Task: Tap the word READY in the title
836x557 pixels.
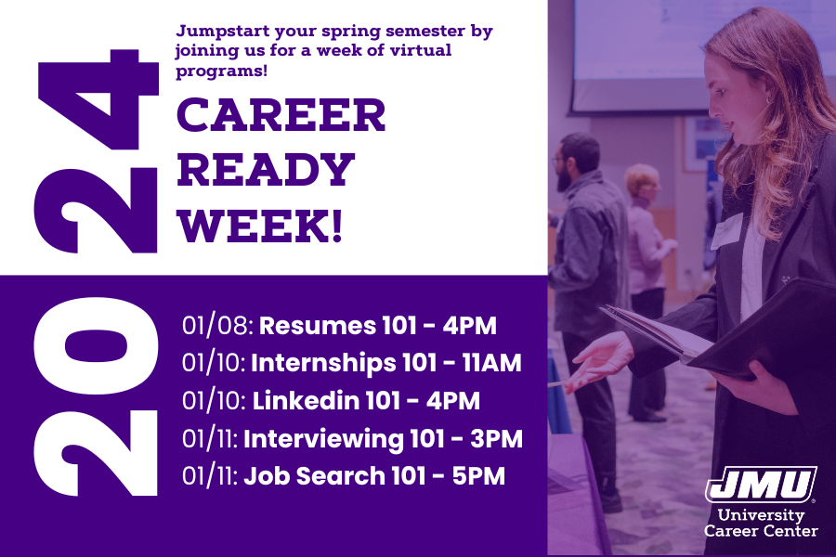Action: pyautogui.click(x=266, y=170)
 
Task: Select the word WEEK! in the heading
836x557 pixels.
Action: pyautogui.click(x=259, y=226)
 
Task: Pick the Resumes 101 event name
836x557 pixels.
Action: pyautogui.click(x=318, y=325)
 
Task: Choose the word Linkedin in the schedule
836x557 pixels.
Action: pyautogui.click(x=306, y=401)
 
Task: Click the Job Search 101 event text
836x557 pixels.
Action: pyautogui.click(x=334, y=476)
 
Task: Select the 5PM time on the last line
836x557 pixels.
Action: pyautogui.click(x=478, y=476)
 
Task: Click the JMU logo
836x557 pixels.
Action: pyautogui.click(x=761, y=485)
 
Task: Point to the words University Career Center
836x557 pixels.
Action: pyautogui.click(x=761, y=523)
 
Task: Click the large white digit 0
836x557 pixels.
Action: pyautogui.click(x=97, y=345)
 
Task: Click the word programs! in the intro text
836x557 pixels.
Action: pyautogui.click(x=221, y=71)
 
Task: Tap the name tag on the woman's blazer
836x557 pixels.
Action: pyautogui.click(x=726, y=231)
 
